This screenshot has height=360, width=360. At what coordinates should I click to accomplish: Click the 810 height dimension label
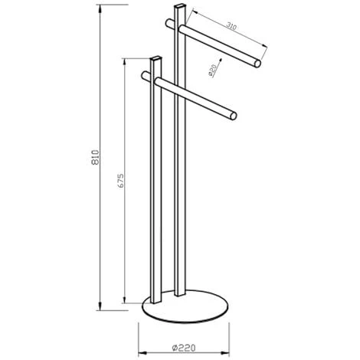(x=95, y=158)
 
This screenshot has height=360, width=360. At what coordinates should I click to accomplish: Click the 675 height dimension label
(x=121, y=181)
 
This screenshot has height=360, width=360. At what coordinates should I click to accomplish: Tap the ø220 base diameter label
(x=184, y=348)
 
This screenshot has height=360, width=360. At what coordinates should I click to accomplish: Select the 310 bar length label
(x=231, y=26)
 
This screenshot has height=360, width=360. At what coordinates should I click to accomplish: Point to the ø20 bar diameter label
(x=212, y=70)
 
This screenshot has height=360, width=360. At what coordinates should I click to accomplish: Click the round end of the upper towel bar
(x=257, y=63)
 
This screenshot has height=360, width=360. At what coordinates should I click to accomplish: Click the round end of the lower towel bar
(x=234, y=116)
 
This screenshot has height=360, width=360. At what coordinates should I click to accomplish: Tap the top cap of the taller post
(x=180, y=6)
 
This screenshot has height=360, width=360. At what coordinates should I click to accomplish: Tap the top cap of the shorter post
(x=155, y=58)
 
